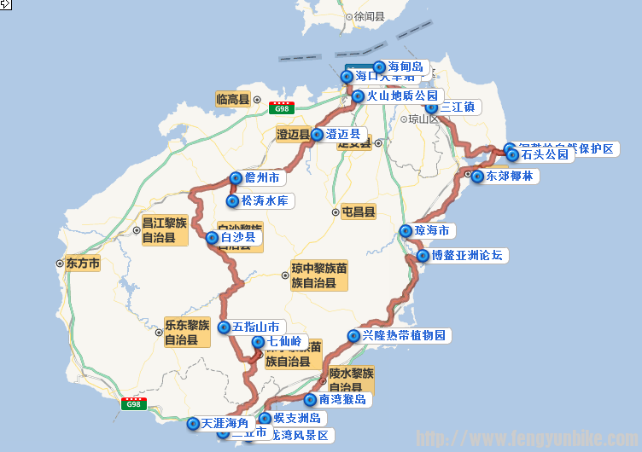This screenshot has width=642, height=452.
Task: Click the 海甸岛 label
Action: [405, 67]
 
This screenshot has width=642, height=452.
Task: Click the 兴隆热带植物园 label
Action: [405, 336]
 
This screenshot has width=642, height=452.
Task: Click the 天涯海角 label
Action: [225, 423]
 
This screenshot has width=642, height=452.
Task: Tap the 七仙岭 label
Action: [284, 342]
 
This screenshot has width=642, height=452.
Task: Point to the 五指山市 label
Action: [255, 327]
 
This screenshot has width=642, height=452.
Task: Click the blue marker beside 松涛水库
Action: [231, 201]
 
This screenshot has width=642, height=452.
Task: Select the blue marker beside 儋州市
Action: [235, 178]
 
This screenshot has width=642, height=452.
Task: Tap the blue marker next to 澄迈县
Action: [318, 135]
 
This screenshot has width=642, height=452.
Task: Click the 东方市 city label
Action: [82, 264]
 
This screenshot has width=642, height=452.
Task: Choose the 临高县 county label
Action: [232, 100]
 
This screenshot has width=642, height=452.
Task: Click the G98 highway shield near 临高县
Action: [280, 108]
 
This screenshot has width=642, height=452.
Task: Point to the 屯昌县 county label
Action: [359, 212]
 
